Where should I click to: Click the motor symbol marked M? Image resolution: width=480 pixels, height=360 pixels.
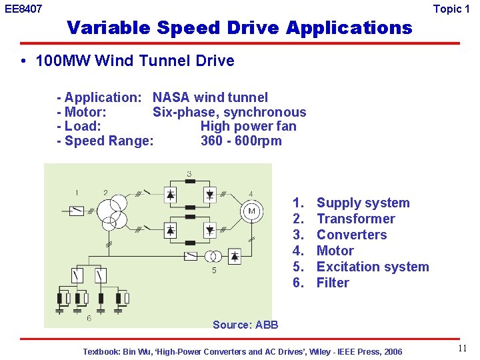[252, 212]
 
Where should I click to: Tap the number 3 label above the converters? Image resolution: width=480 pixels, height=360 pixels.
[189, 174]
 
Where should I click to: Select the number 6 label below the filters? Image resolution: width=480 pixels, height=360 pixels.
[89, 318]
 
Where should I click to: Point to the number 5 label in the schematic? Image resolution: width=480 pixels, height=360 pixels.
[214, 271]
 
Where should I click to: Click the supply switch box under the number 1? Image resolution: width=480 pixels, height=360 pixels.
[78, 211]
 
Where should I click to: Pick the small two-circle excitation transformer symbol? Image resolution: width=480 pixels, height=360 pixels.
[214, 257]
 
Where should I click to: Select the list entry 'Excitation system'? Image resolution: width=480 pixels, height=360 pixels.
[373, 267]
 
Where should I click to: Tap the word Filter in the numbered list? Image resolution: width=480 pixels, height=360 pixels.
[333, 283]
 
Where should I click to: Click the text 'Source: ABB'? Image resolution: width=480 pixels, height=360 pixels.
[245, 325]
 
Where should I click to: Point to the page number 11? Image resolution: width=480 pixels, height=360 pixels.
[462, 349]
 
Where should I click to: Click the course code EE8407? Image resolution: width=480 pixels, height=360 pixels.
[23, 9]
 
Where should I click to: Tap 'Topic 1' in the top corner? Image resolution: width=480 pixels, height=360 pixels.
[451, 9]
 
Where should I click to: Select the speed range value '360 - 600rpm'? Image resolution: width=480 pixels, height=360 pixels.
[241, 141]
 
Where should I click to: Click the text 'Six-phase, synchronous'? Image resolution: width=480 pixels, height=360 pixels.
[229, 112]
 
